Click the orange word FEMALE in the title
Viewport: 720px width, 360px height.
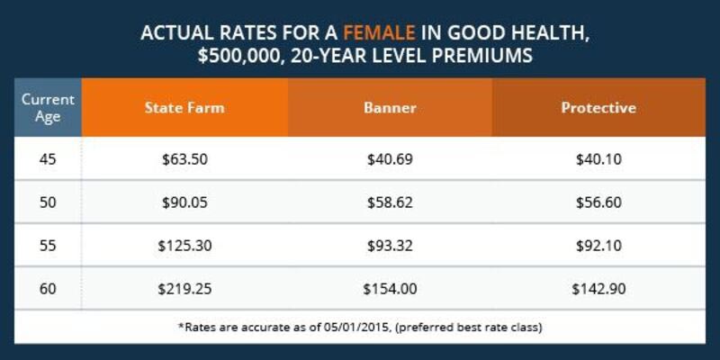coord(379,33)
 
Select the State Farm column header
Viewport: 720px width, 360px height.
coord(184,107)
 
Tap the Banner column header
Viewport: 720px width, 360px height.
coord(390,107)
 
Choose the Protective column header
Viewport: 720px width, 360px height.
coord(598,107)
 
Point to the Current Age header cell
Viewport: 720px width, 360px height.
coord(48,108)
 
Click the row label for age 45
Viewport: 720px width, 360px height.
coord(48,159)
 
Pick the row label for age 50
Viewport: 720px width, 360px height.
coord(48,202)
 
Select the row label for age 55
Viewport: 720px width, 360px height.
coord(48,246)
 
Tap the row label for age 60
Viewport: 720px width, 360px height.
coord(48,289)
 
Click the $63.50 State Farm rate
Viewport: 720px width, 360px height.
coord(184,159)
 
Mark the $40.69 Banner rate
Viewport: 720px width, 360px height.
coord(390,159)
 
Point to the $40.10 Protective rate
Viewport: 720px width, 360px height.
coord(598,159)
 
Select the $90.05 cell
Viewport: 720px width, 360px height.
coord(184,202)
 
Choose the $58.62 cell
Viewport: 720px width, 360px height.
coord(390,202)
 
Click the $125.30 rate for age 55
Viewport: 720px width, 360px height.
coord(184,246)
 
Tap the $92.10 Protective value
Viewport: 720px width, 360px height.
coord(598,246)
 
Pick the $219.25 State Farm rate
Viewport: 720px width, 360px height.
coord(184,289)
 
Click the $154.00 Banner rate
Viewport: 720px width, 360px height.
coord(390,289)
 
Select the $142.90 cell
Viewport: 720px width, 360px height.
coord(598,289)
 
